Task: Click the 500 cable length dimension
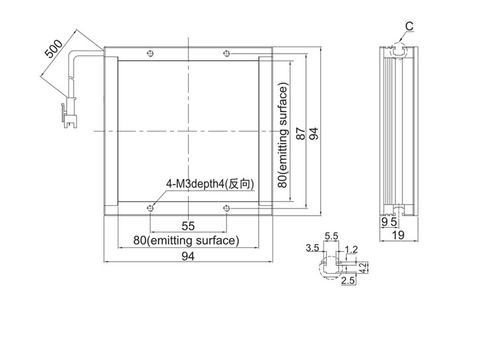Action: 54,49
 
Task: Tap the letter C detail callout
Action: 409,27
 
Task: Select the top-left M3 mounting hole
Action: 150,54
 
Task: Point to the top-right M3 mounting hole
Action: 226,54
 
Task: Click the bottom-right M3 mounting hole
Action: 226,208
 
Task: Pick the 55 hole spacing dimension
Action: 188,226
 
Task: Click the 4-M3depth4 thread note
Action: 210,184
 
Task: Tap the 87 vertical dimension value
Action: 301,133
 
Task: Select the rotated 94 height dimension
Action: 314,133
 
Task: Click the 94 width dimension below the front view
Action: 188,256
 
